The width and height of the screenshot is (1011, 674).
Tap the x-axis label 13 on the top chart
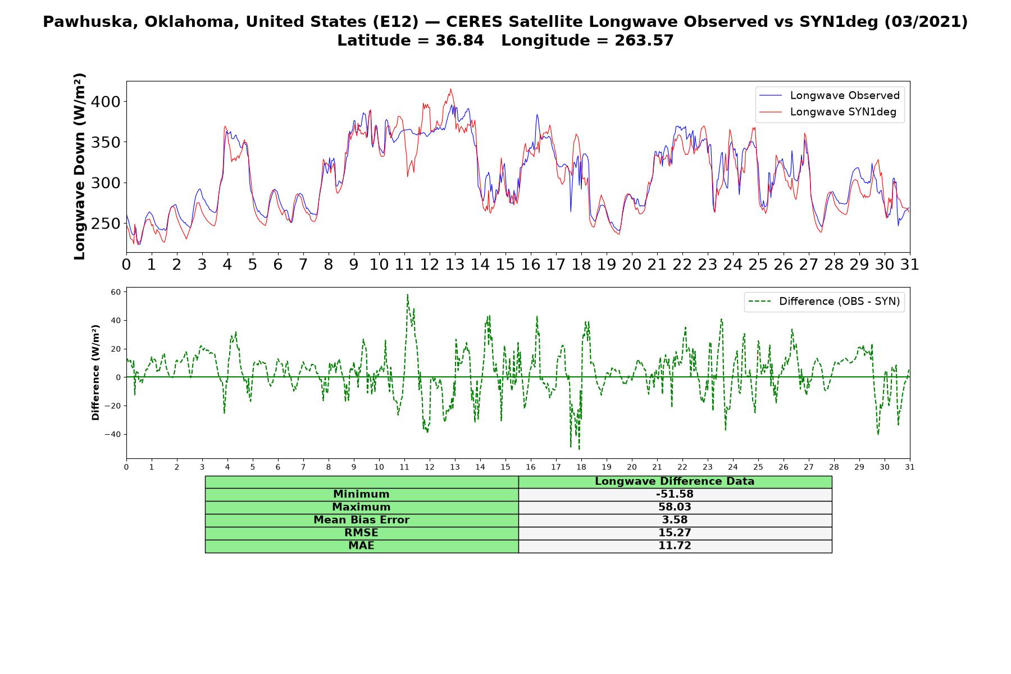[x=454, y=265]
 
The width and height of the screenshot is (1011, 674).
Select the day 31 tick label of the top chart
[x=909, y=265]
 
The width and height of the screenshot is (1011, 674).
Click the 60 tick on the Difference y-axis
[x=116, y=292]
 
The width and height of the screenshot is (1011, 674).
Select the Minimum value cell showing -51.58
[x=675, y=494]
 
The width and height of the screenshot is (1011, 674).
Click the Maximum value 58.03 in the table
[x=675, y=507]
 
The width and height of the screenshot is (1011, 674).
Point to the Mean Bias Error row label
[x=361, y=520]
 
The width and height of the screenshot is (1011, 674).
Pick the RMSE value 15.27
[x=675, y=533]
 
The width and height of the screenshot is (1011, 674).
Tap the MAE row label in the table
[x=361, y=546]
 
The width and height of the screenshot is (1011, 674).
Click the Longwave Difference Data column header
[x=675, y=481]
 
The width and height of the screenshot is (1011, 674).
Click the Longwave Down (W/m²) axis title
[x=79, y=166]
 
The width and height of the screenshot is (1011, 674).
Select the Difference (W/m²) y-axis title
[x=95, y=372]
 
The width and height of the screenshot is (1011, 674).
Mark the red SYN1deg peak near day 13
[x=450, y=89]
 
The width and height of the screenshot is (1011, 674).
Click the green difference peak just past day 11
[x=407, y=294]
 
